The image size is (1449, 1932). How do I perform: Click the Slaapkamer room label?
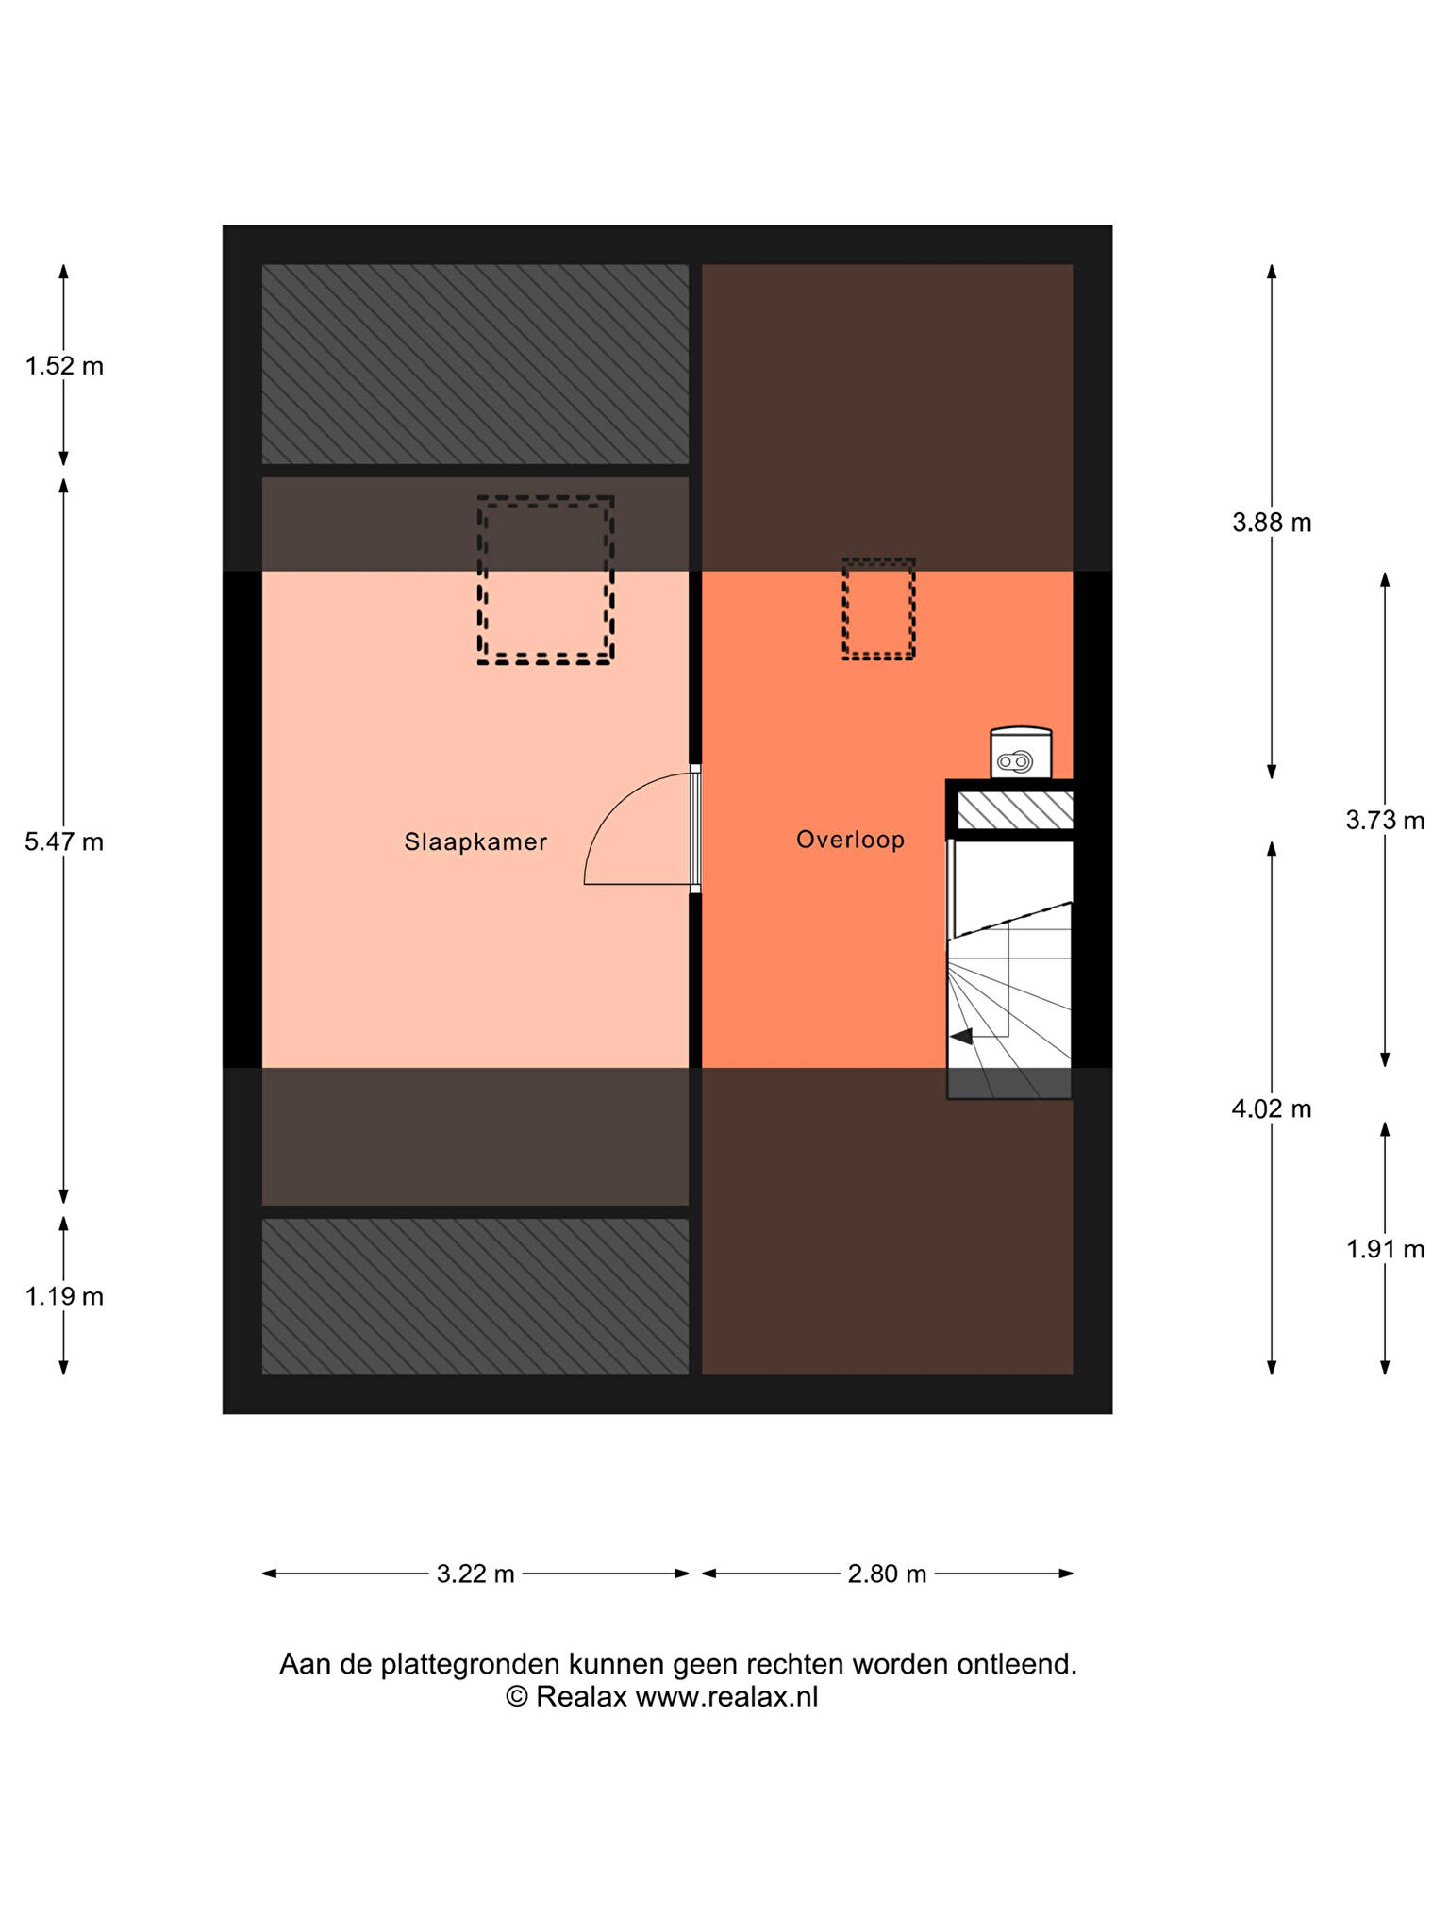pyautogui.click(x=475, y=841)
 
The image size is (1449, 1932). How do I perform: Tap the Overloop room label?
pyautogui.click(x=850, y=840)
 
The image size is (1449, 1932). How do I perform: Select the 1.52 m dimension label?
pyautogui.click(x=64, y=366)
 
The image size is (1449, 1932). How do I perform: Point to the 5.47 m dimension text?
pyautogui.click(x=64, y=841)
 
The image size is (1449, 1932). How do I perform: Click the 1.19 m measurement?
pyautogui.click(x=64, y=1296)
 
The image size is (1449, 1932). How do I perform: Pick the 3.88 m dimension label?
pyautogui.click(x=1272, y=523)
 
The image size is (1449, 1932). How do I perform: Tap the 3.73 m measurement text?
pyautogui.click(x=1385, y=821)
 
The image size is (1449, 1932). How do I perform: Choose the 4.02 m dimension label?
pyautogui.click(x=1272, y=1108)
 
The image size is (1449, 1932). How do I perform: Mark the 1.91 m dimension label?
pyautogui.click(x=1385, y=1249)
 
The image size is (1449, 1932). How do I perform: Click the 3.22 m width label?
pyautogui.click(x=475, y=1574)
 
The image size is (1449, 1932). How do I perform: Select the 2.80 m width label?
pyautogui.click(x=887, y=1574)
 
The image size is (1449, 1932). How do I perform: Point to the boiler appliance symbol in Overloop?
pyautogui.click(x=1021, y=753)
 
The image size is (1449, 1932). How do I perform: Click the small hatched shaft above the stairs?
pyautogui.click(x=1015, y=808)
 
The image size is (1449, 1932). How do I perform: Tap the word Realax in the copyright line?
pyautogui.click(x=581, y=1696)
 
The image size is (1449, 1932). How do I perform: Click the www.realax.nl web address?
pyautogui.click(x=726, y=1696)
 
